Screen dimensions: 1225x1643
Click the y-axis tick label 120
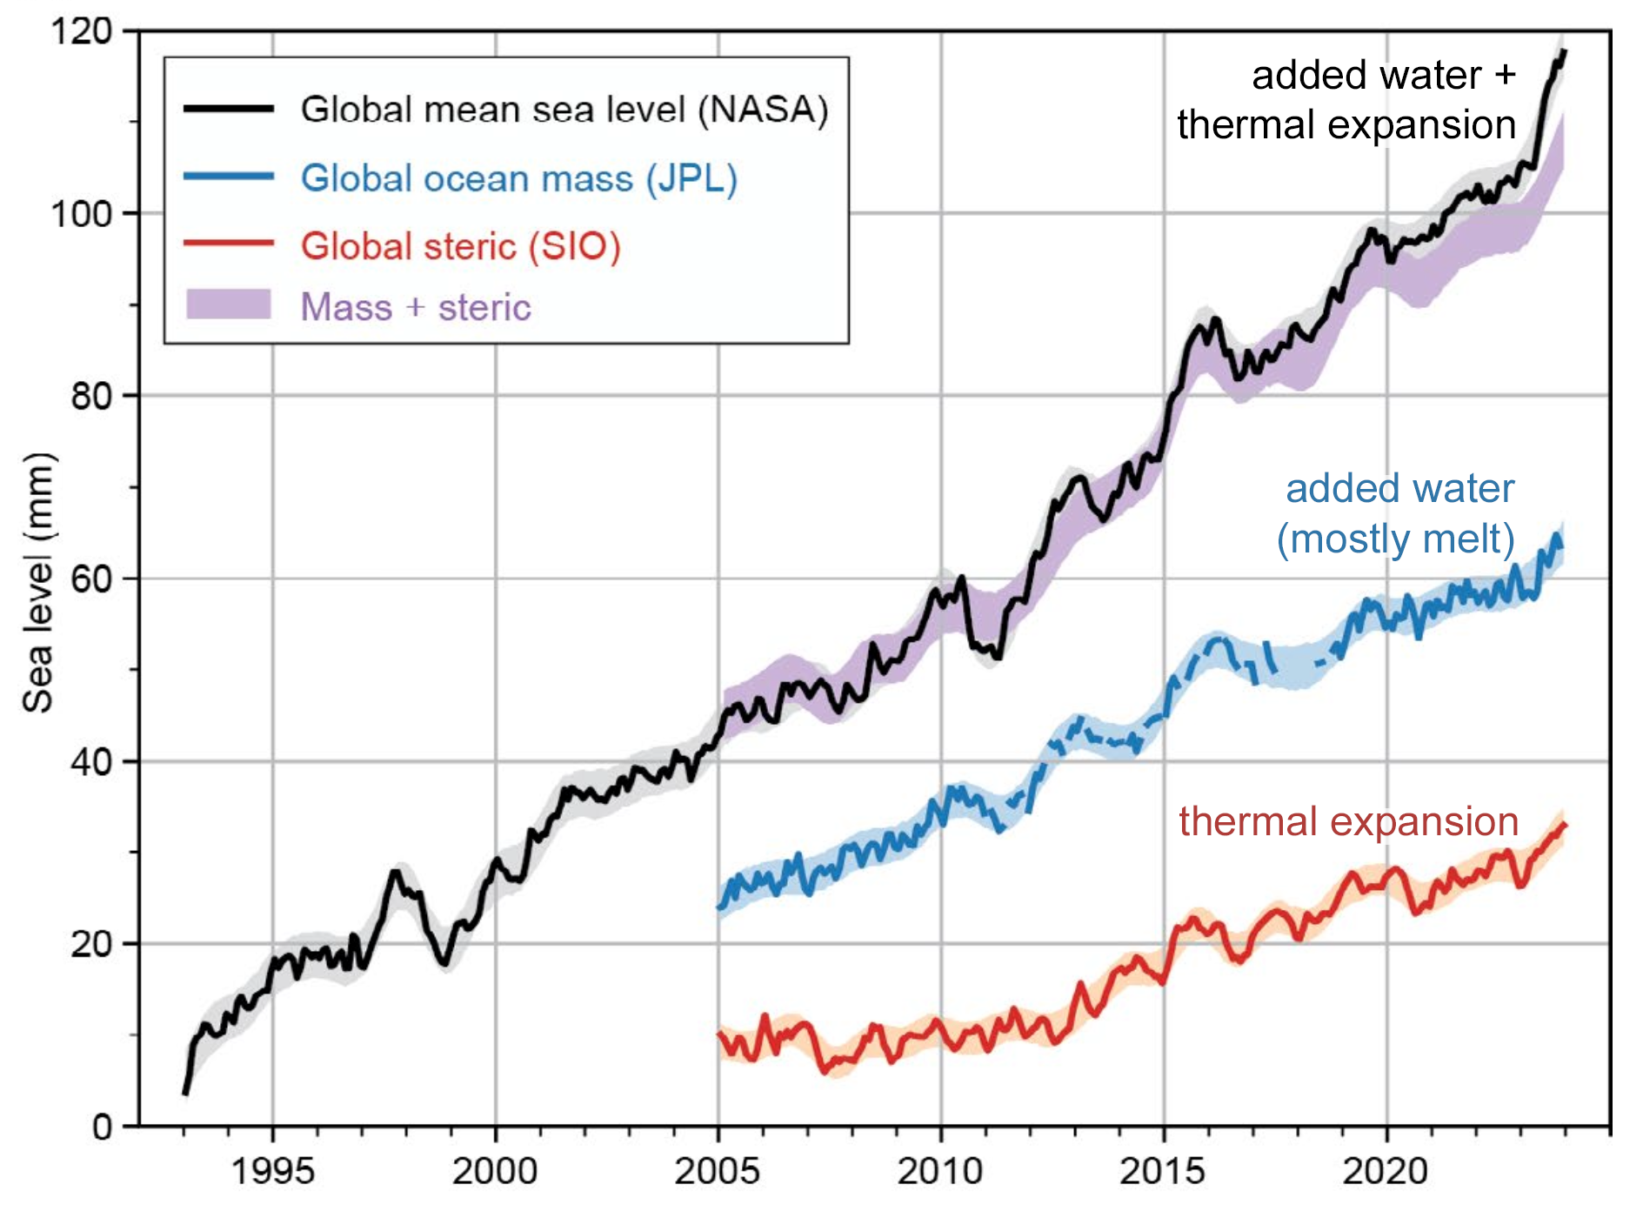tap(82, 32)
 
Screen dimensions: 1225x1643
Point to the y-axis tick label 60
tap(90, 579)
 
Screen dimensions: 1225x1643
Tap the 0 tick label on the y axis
tap(103, 1128)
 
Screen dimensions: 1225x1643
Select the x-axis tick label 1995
tap(272, 1171)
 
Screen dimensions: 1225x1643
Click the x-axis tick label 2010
tap(940, 1171)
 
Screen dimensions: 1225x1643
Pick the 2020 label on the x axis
tap(1386, 1171)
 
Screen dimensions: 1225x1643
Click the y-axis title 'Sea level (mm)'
tap(38, 583)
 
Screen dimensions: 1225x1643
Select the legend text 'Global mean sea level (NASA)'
tap(564, 110)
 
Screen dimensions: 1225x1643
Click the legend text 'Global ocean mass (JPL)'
tap(519, 178)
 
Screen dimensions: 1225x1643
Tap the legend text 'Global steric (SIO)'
tap(461, 246)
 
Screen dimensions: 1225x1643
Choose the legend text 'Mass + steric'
tap(416, 307)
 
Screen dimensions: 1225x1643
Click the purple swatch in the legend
tap(229, 305)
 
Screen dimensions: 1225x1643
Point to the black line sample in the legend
tap(229, 109)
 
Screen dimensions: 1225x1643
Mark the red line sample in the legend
tap(229, 243)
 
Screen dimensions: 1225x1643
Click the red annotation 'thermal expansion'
tap(1348, 821)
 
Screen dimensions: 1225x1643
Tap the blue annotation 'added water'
tap(1399, 488)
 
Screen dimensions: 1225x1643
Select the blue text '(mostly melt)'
tap(1395, 539)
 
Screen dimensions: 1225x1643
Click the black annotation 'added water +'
tap(1384, 75)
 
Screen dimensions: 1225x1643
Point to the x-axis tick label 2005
tap(718, 1171)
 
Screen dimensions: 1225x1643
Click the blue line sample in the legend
tap(229, 177)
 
